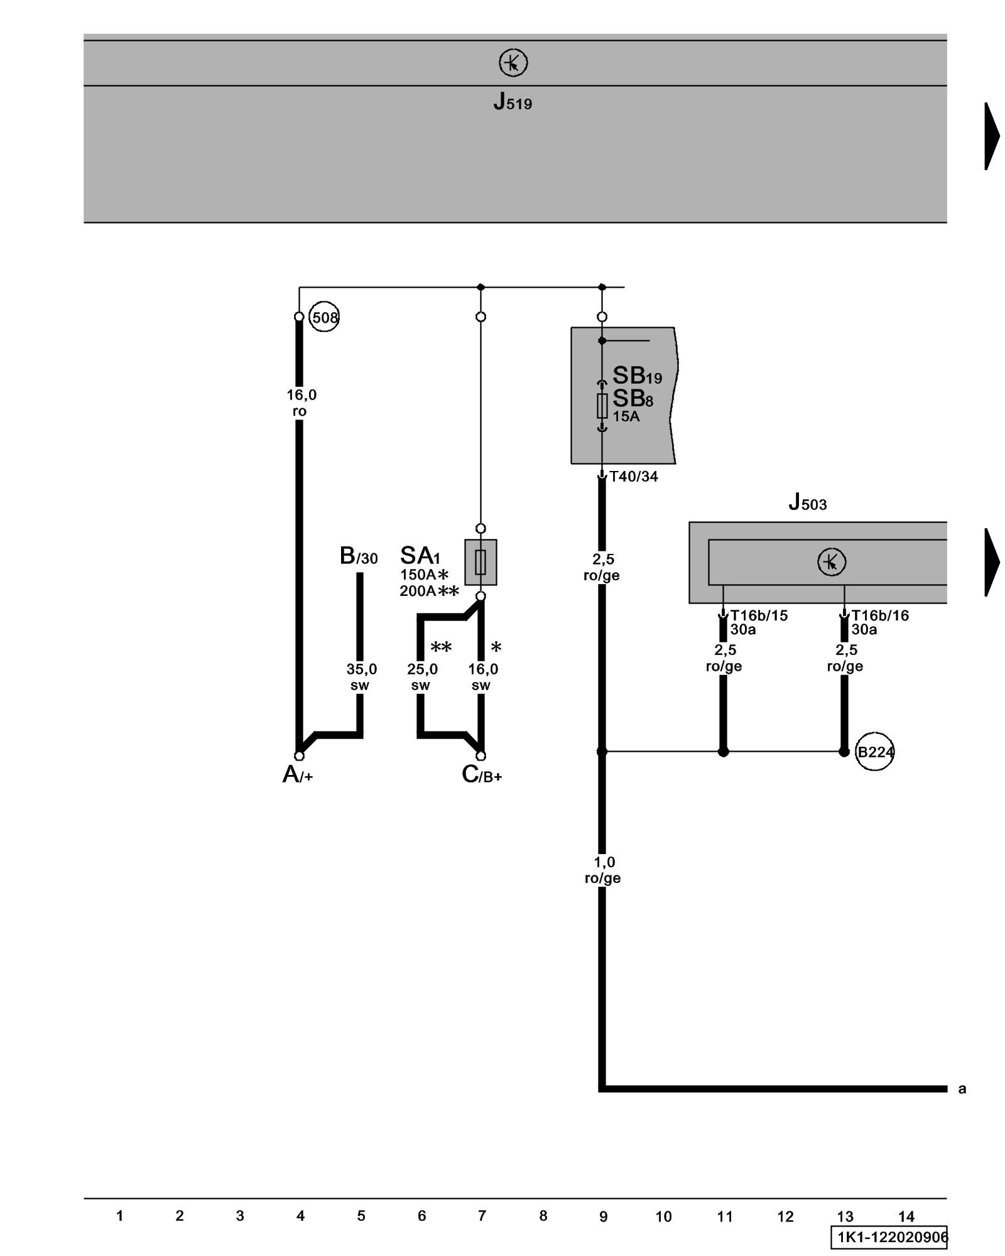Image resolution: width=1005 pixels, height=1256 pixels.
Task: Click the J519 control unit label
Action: pos(513,102)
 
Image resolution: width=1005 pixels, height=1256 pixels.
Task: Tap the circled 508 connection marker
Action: pos(324,317)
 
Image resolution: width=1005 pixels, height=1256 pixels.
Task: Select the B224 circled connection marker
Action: pos(875,752)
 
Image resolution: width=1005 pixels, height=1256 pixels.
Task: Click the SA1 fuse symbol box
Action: pos(481,562)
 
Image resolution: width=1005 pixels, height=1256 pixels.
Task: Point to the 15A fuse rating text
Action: pos(626,416)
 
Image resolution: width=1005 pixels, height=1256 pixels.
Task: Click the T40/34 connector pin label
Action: pos(633,477)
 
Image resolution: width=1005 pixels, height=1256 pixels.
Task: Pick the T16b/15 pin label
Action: pos(759,615)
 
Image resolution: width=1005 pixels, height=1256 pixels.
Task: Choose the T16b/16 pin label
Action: pos(880,615)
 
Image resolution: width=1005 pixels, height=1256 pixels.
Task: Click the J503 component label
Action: pos(807,502)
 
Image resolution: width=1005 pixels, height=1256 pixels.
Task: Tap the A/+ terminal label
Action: pos(297,774)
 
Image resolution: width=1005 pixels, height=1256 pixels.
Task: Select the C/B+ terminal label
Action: pos(481,774)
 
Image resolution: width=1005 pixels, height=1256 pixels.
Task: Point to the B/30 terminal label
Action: pos(359,556)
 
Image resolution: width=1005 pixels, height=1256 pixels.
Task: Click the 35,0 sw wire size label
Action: pos(361,677)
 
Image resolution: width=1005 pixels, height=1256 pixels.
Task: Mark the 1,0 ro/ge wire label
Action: pos(603,870)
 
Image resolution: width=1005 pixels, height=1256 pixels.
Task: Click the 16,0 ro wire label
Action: pos(301,403)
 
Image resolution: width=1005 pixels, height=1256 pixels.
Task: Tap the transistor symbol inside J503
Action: pos(832,562)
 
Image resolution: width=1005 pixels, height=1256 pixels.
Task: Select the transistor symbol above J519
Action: pos(513,63)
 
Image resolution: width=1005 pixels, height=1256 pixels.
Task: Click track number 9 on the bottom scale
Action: pos(603,1216)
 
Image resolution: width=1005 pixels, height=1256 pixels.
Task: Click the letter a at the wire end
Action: pos(962,1089)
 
